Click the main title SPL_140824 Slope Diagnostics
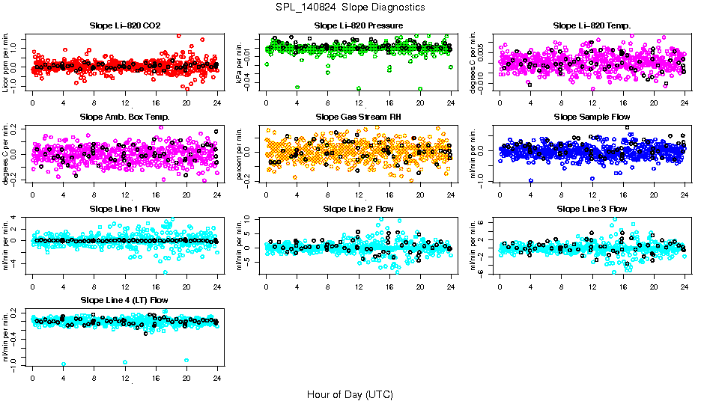point(350,7)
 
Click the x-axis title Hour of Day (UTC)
point(350,394)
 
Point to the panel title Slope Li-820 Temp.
point(592,25)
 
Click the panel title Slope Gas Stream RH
point(358,117)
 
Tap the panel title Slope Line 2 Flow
point(358,208)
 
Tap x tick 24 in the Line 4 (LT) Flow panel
point(217,378)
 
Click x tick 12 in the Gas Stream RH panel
point(359,195)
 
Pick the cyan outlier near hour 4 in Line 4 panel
point(63,364)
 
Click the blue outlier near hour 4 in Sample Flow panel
point(530,180)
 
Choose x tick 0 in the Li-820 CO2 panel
point(32,103)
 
